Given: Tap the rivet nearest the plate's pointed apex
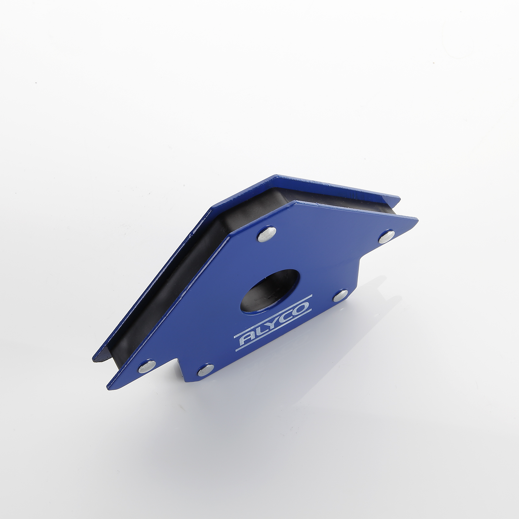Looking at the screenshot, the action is (267, 234).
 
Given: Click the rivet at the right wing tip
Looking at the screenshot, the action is (387, 236).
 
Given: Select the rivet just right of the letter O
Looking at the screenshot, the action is (340, 295).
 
